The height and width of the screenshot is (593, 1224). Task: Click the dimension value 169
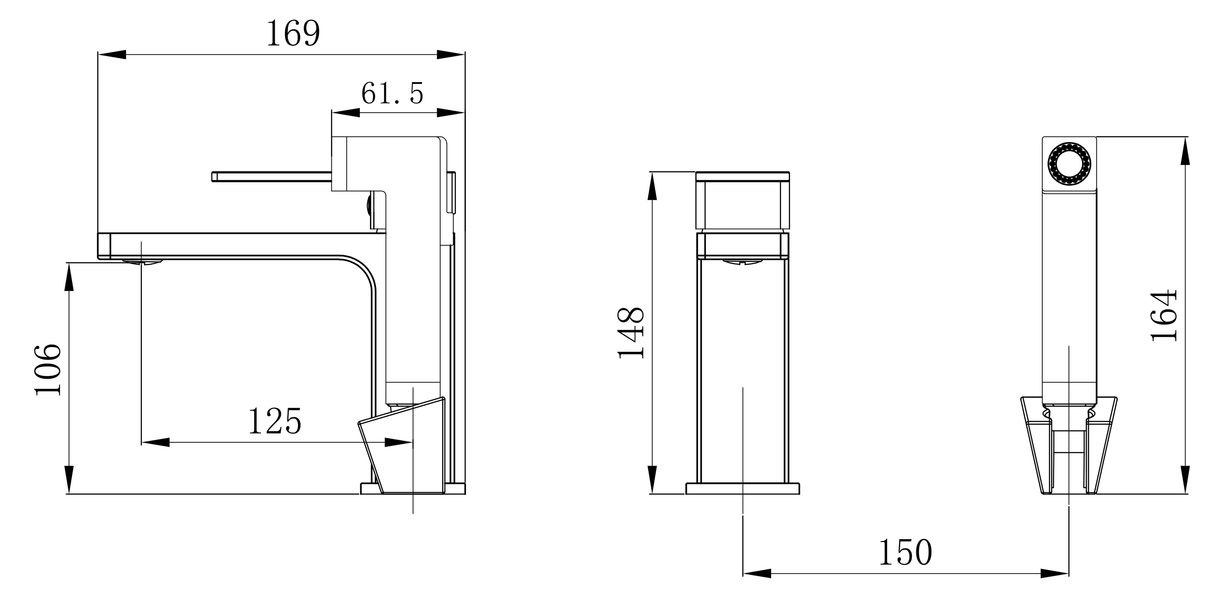[293, 33]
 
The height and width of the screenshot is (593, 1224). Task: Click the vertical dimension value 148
[631, 332]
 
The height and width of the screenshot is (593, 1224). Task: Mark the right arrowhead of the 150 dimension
[1055, 574]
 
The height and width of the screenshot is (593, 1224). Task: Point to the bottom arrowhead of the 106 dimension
[69, 480]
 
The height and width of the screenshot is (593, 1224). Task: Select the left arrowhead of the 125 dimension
[155, 443]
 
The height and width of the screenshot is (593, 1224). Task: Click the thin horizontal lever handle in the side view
[271, 177]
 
